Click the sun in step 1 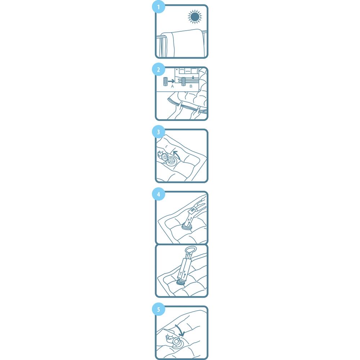point(194,17)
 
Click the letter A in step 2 point(172,86)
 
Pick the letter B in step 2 point(191,86)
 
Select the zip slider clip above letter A point(165,81)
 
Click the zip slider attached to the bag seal point(183,81)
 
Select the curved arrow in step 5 point(180,329)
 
